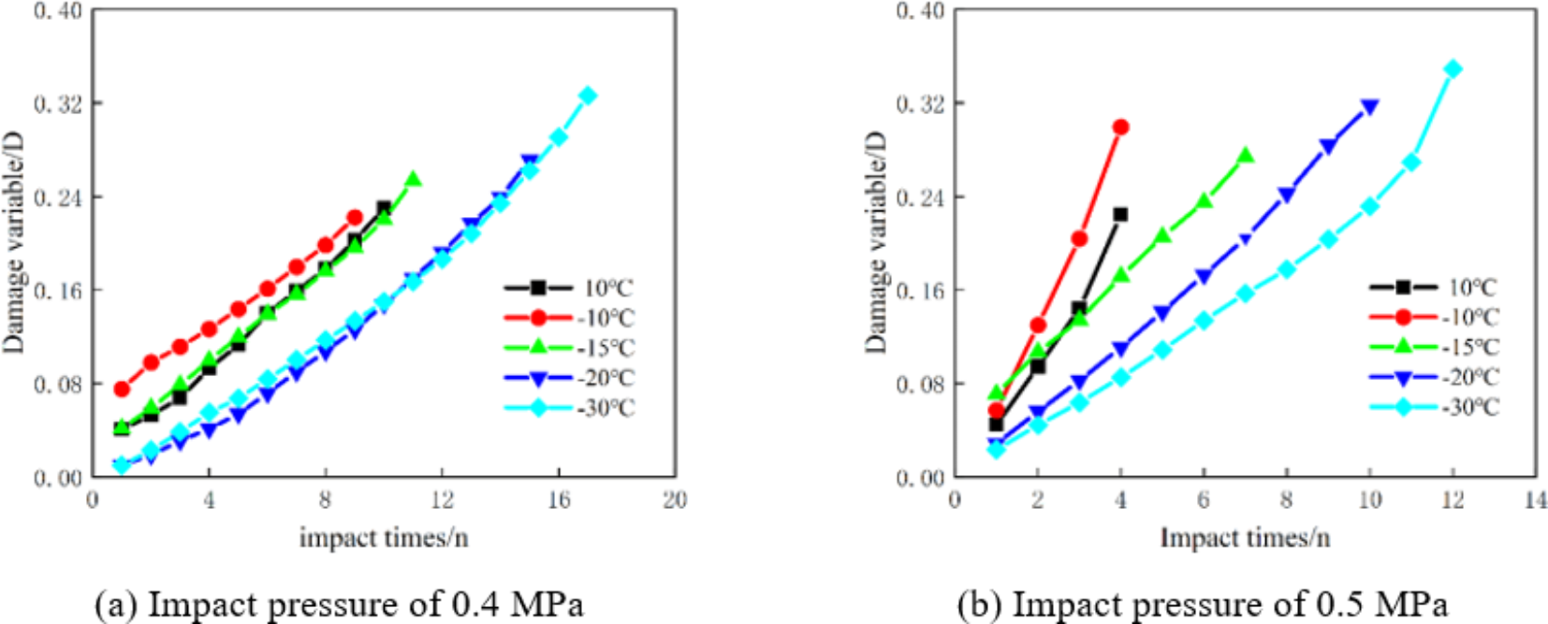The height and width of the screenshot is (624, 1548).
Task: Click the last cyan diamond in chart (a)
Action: (x=588, y=95)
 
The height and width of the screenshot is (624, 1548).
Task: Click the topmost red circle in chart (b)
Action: (x=1120, y=126)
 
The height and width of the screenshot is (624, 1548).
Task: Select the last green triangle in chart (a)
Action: (x=413, y=180)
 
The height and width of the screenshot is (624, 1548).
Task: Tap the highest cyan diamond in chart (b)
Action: (x=1453, y=69)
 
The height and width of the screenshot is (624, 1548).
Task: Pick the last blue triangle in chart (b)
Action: (x=1369, y=108)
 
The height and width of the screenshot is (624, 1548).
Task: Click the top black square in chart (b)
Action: (x=1120, y=214)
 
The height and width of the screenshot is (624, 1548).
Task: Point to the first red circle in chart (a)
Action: (x=122, y=388)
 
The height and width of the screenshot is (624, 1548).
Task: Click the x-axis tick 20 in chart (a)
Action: (x=675, y=501)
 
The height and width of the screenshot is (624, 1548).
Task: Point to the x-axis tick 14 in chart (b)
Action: (x=1535, y=501)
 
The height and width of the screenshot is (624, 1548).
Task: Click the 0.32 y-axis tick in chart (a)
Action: (x=58, y=103)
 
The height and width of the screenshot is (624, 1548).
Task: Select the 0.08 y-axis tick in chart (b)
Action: (x=920, y=384)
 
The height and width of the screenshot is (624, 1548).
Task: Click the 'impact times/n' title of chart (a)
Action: (x=384, y=538)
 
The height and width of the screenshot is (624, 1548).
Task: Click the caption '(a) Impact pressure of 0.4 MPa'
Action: (x=339, y=603)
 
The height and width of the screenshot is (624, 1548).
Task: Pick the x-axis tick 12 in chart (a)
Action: (x=442, y=501)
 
